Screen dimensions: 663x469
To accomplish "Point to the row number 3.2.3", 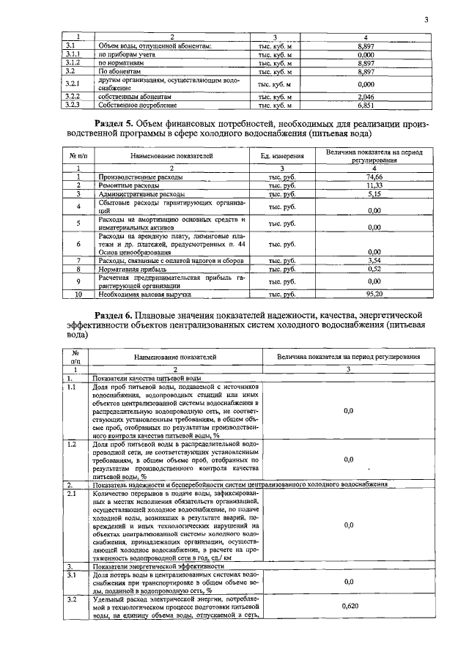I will click(x=72, y=105).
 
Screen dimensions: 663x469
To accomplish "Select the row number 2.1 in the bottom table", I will click(x=72, y=494).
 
